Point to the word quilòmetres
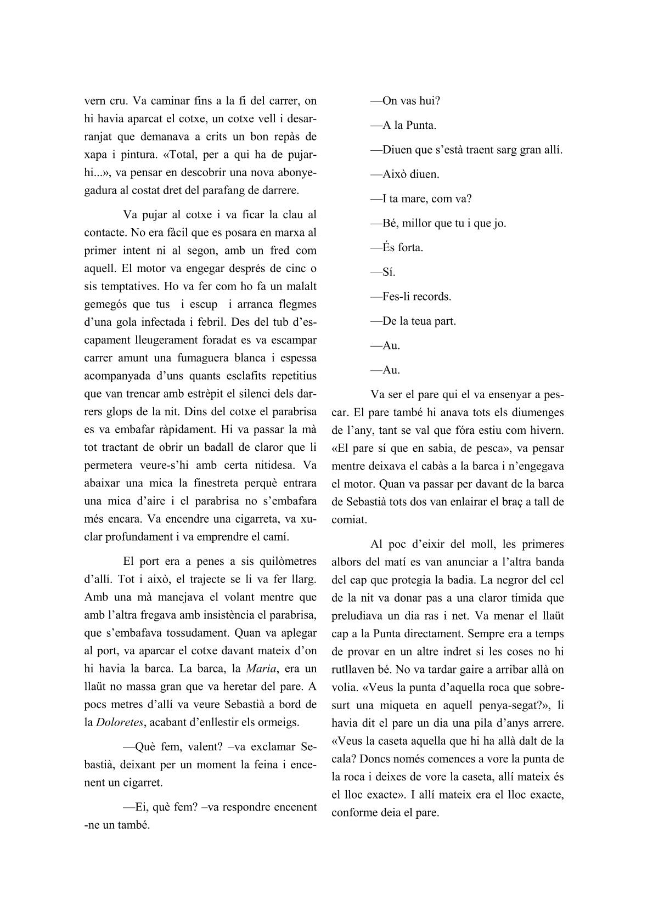pos(285,560)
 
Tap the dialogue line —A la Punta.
pos(403,126)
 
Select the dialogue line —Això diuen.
pos(405,174)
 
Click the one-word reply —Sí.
pos(383,272)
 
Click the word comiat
pos(349,519)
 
